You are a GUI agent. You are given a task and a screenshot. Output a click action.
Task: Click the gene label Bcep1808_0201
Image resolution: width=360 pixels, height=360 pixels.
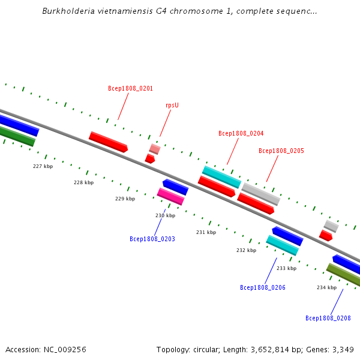(130, 88)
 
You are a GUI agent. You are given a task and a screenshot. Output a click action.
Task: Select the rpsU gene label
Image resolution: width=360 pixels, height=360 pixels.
(172, 106)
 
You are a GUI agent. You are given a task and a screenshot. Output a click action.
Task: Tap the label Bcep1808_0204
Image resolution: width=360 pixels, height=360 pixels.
(241, 133)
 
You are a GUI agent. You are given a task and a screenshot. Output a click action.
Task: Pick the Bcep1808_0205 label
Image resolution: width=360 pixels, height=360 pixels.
(281, 151)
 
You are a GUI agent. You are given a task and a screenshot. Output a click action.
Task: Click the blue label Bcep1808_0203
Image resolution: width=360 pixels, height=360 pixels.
(152, 239)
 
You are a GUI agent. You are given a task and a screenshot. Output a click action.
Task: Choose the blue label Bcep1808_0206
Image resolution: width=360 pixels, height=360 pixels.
(263, 287)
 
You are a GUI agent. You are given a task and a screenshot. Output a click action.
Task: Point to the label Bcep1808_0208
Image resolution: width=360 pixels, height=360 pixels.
(328, 318)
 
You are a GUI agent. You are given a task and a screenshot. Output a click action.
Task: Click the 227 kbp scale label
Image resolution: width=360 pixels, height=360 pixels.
(43, 166)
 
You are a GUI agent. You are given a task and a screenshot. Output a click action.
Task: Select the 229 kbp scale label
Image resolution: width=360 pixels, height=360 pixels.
(125, 199)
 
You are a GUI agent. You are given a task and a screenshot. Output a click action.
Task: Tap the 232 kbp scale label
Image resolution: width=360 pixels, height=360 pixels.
(247, 250)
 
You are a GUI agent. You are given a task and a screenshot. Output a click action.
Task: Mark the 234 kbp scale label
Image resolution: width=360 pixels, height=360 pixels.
(327, 287)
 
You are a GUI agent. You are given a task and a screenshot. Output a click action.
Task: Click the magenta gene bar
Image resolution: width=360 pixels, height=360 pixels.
(170, 197)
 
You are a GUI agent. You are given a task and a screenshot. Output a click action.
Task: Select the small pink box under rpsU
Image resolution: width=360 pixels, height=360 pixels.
(155, 149)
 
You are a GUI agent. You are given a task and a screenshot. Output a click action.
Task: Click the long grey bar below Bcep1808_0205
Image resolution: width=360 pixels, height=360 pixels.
(261, 194)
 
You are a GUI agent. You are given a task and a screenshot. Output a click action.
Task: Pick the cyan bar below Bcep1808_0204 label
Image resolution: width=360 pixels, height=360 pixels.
(221, 177)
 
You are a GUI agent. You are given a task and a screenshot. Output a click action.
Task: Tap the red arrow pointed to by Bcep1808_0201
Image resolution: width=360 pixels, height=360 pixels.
(108, 142)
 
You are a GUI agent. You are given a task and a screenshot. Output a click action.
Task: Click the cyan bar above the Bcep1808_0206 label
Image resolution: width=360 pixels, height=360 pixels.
(283, 245)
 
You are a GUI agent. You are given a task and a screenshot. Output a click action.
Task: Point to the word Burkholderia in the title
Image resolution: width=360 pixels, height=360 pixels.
(68, 11)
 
